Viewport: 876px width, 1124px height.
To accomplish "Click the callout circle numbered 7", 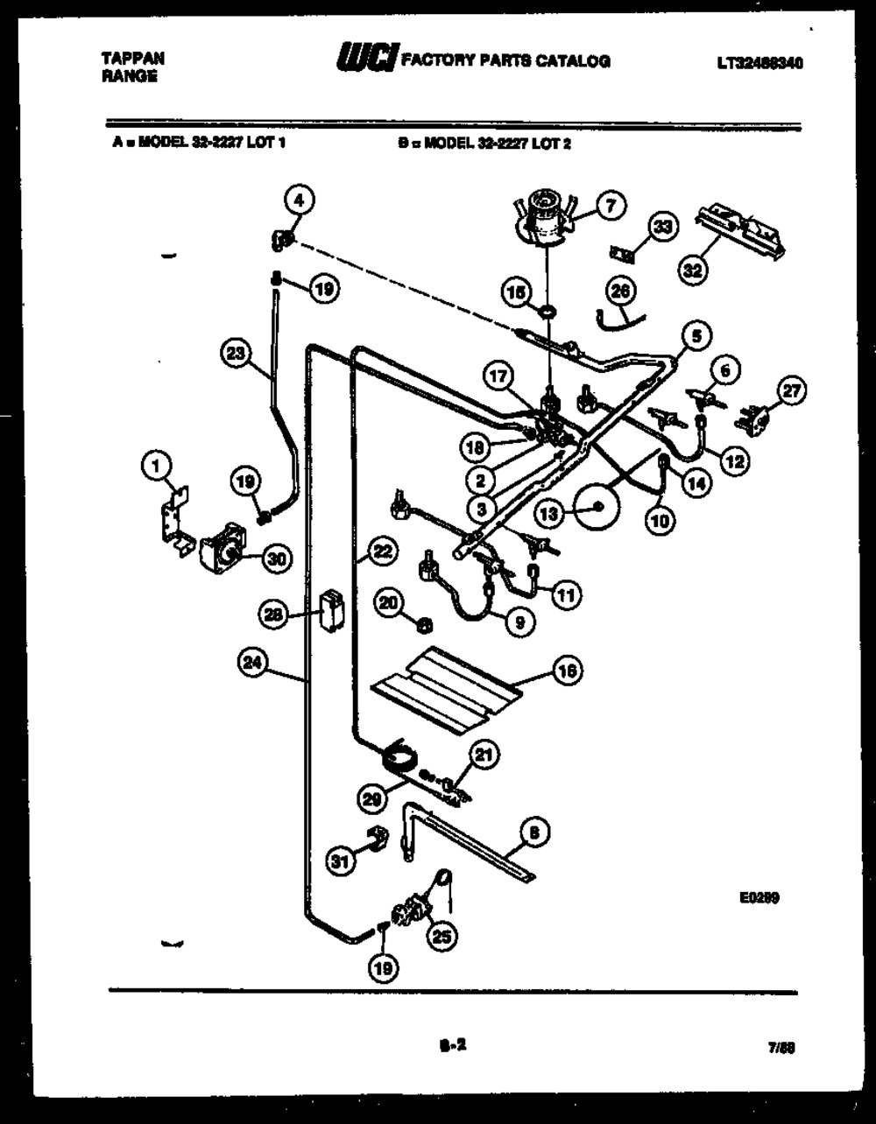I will tap(610, 206).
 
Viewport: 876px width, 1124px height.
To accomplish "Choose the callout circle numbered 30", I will tap(278, 561).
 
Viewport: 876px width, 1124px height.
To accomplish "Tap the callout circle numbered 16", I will tap(568, 671).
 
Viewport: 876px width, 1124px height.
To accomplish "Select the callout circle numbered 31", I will tap(340, 861).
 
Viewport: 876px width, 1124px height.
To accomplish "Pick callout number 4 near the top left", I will tap(298, 200).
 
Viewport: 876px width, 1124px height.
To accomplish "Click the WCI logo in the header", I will tap(366, 60).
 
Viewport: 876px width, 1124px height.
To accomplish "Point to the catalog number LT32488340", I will tap(759, 63).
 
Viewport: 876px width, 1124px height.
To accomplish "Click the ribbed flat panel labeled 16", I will tap(447, 690).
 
